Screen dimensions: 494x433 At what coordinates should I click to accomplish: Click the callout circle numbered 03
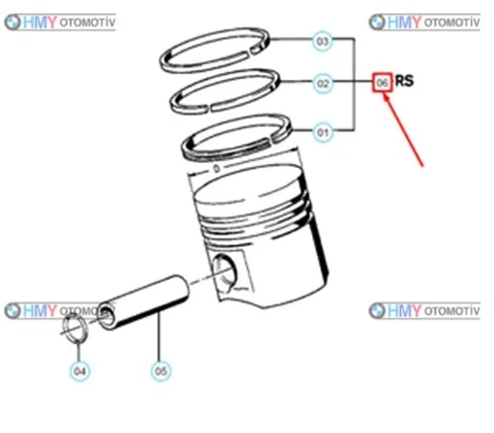coord(322,42)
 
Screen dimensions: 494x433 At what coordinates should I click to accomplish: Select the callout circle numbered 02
coord(323,83)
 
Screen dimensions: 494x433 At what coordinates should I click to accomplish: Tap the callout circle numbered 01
coord(323,132)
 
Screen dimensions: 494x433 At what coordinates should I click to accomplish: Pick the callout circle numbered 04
coord(80,372)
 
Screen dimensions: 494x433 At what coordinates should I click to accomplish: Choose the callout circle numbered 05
coord(161,372)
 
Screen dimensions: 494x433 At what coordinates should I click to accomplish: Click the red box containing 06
coord(382,82)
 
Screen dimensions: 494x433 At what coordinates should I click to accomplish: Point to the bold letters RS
coord(404,81)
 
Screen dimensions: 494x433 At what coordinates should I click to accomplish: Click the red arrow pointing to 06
coord(403,130)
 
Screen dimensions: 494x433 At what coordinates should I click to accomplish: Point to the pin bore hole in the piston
coord(224,273)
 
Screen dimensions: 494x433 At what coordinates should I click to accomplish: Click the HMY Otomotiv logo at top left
coord(60,23)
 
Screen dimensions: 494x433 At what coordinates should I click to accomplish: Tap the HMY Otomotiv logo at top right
coord(425,23)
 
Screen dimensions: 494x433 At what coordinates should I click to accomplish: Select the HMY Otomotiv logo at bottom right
coord(425,310)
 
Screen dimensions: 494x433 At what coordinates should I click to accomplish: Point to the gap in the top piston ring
coord(249,51)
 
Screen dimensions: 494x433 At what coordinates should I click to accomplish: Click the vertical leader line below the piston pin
coord(159,336)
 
